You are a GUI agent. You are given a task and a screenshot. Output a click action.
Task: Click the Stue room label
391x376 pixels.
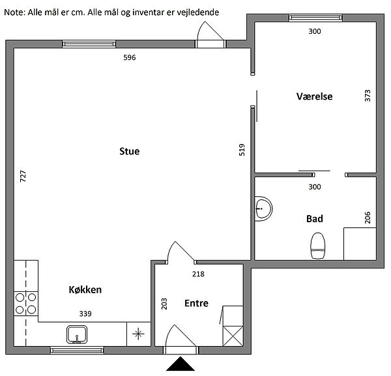tap(130, 151)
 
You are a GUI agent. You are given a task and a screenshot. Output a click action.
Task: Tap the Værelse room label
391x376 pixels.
tap(315, 96)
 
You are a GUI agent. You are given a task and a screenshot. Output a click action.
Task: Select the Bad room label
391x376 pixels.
tap(315, 219)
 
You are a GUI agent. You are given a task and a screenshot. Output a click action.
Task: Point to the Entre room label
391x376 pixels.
tap(197, 303)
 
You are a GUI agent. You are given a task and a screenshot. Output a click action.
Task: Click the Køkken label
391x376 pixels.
tap(85, 289)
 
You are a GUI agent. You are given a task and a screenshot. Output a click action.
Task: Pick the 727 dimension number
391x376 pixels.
tap(23, 176)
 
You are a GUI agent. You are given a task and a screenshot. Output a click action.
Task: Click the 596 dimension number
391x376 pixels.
tap(130, 57)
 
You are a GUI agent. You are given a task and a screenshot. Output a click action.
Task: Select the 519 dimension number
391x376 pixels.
tap(242, 150)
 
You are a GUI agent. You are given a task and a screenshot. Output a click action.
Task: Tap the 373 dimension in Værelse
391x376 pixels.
tap(368, 96)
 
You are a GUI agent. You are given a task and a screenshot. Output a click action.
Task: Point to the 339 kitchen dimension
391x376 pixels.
tap(85, 313)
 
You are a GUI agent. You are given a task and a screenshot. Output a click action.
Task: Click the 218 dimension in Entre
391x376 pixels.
tap(198, 274)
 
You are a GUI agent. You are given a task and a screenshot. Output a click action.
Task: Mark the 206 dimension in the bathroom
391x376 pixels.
tap(368, 218)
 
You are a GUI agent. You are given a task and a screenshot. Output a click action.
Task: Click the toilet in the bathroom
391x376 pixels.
tap(318, 246)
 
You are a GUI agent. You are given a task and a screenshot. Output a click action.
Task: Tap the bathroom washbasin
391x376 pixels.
tap(263, 209)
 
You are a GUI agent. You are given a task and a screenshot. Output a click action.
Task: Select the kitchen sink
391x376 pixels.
tap(77, 334)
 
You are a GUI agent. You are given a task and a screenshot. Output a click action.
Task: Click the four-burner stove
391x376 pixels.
tap(26, 304)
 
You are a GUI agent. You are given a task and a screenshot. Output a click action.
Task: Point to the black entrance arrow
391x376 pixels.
tap(181, 364)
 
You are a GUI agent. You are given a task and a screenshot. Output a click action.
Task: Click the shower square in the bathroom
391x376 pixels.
tap(360, 244)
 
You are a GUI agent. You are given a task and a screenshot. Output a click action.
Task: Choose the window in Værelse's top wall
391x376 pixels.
tap(315, 18)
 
